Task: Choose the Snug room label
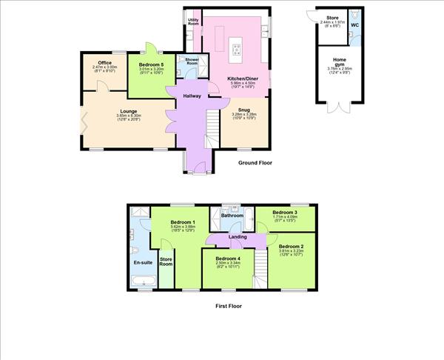243,110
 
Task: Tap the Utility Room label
192,22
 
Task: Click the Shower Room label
192,60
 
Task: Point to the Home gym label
340,62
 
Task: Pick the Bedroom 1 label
183,222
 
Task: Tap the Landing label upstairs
238,237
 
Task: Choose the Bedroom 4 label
228,258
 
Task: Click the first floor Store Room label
166,261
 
